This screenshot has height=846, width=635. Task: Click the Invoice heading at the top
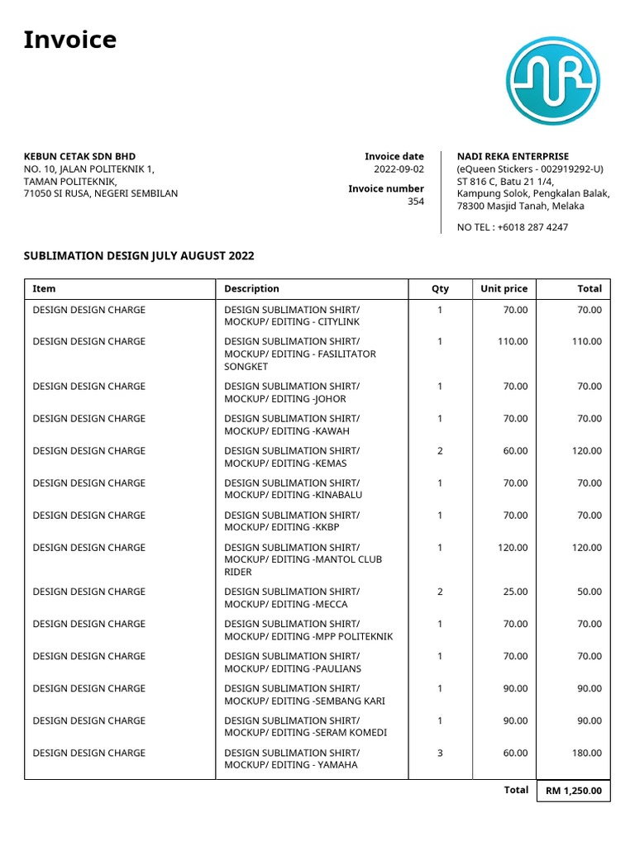pyautogui.click(x=70, y=40)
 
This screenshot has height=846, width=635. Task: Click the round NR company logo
pyautogui.click(x=552, y=81)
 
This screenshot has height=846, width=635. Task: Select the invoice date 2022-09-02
pyautogui.click(x=399, y=169)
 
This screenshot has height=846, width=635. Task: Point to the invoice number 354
pyautogui.click(x=415, y=201)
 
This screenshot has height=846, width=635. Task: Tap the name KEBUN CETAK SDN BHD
pyautogui.click(x=79, y=156)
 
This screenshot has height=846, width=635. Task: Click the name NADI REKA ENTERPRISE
pyautogui.click(x=513, y=156)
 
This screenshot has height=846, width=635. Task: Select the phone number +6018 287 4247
pyautogui.click(x=532, y=227)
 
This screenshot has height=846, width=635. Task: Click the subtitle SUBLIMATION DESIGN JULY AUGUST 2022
pyautogui.click(x=139, y=256)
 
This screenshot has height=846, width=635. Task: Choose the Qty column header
pyautogui.click(x=440, y=289)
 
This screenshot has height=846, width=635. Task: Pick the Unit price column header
pyautogui.click(x=504, y=289)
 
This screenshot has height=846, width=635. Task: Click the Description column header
pyautogui.click(x=251, y=289)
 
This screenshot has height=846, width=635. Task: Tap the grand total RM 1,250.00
pyautogui.click(x=573, y=791)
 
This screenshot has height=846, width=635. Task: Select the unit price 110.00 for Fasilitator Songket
pyautogui.click(x=512, y=341)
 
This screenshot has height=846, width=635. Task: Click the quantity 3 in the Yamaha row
pyautogui.click(x=440, y=753)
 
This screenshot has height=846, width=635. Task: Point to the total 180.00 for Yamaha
pyautogui.click(x=586, y=753)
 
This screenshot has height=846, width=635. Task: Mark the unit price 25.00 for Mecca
pyautogui.click(x=515, y=592)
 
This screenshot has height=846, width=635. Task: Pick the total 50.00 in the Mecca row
pyautogui.click(x=589, y=592)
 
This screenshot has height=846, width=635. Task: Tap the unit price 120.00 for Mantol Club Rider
pyautogui.click(x=512, y=547)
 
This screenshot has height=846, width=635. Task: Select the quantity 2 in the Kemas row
pyautogui.click(x=440, y=450)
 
